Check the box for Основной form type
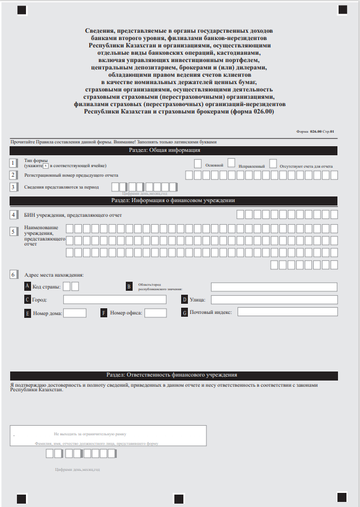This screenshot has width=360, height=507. (x=197, y=163)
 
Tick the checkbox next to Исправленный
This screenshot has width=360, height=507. (x=231, y=163)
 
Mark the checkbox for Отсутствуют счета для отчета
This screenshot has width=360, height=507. (x=273, y=163)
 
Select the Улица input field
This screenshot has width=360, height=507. (x=274, y=300)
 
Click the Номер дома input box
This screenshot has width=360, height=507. (x=74, y=313)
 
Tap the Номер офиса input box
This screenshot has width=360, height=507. (x=156, y=313)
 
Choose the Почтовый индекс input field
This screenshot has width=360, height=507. (x=287, y=312)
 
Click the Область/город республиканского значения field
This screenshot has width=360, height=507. (x=274, y=286)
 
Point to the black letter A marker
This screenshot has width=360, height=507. (x=28, y=286)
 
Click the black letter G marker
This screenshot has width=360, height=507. (x=184, y=312)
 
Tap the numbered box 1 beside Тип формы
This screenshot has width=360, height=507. (x=13, y=163)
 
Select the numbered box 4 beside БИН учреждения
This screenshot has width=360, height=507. (x=13, y=215)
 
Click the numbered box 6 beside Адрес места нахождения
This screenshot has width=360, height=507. (x=13, y=274)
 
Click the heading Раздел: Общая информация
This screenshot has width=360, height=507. (x=173, y=150)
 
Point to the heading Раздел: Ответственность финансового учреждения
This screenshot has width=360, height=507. (x=173, y=375)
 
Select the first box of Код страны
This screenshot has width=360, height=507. (x=67, y=286)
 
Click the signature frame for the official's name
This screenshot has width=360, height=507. (x=108, y=436)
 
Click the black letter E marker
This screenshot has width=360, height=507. (x=28, y=313)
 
